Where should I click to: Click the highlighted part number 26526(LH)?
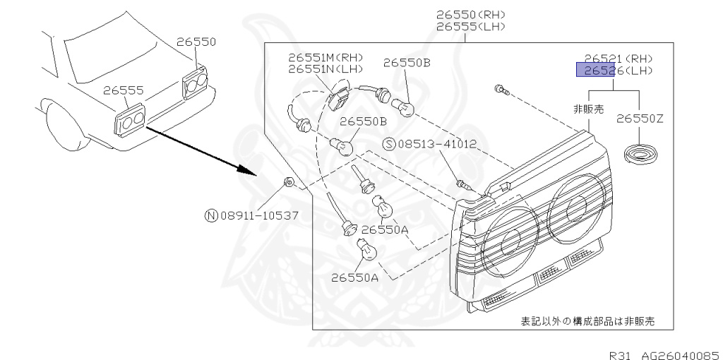point(614,71)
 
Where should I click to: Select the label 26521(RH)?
point(618,59)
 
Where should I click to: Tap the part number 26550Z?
point(640,119)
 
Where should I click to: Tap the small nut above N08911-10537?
point(289,183)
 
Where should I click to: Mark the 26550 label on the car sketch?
point(196,42)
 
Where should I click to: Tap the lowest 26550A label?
point(354,277)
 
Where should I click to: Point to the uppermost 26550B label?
point(407,63)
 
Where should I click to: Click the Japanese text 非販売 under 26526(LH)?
point(588,109)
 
